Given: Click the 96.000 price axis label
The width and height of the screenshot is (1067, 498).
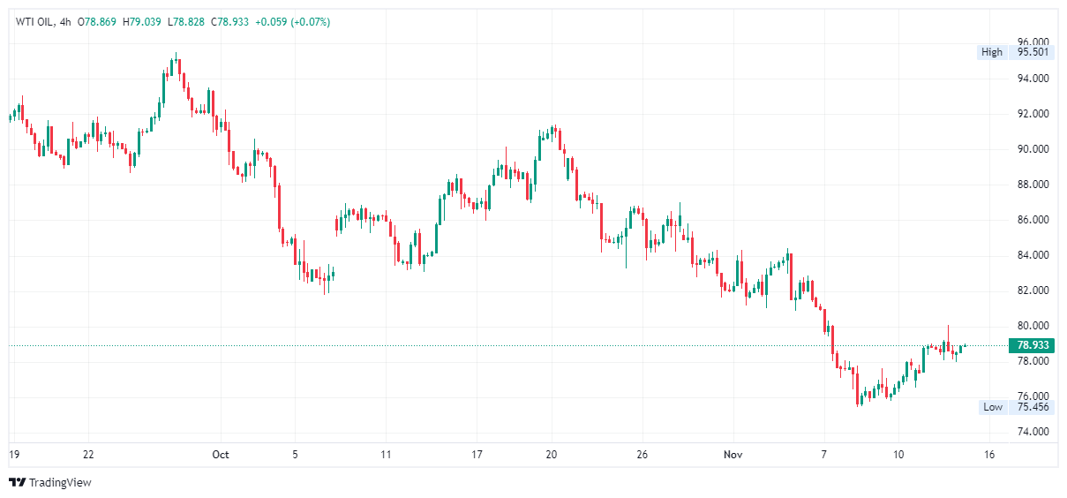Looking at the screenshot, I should (1033, 42).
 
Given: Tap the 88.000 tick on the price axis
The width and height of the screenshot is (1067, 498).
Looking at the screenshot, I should (1033, 185).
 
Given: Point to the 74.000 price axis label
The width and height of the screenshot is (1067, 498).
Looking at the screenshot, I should (1033, 432).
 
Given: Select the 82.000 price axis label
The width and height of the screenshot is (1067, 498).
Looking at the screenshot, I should (1033, 290).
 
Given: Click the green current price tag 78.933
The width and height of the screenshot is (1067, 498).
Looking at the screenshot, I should (1032, 346).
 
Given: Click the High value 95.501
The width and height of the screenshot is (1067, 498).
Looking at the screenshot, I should (1033, 52).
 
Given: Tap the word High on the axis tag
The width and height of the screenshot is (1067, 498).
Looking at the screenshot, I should (992, 52).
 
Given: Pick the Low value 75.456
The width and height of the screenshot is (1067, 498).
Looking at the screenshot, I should (1033, 407).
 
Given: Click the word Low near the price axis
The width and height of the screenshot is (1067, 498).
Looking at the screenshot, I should (993, 407).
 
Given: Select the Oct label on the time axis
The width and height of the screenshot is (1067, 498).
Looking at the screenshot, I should (221, 455).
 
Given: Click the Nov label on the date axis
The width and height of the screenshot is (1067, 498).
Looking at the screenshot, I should (732, 455).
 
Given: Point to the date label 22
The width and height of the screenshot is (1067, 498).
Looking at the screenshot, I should (88, 455).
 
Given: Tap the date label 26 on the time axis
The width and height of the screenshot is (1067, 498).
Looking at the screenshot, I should (642, 455).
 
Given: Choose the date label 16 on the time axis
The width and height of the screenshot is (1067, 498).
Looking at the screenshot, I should (988, 455).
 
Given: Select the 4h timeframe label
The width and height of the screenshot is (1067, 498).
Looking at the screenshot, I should (65, 22).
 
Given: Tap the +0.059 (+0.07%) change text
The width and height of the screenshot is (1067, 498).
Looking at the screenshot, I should (292, 22).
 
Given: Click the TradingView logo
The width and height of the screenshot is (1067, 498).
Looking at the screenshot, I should (50, 483).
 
